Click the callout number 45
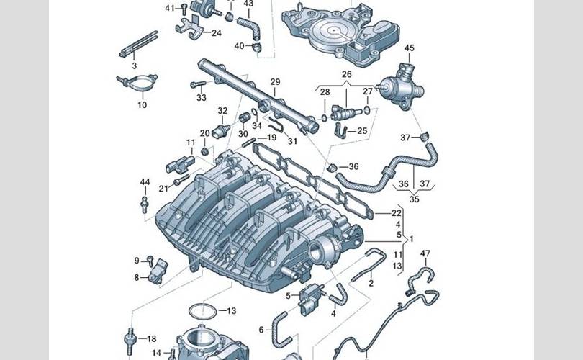(409, 48)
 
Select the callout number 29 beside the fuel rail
(274, 82)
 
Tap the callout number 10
(142, 105)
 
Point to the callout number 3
(134, 66)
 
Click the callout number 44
(145, 181)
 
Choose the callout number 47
(425, 253)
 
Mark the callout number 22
(396, 213)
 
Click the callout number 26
(346, 74)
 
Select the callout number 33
(201, 97)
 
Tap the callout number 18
(151, 338)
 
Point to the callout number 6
(261, 329)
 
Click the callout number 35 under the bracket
(413, 199)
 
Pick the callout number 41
(170, 8)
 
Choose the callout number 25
(362, 131)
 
